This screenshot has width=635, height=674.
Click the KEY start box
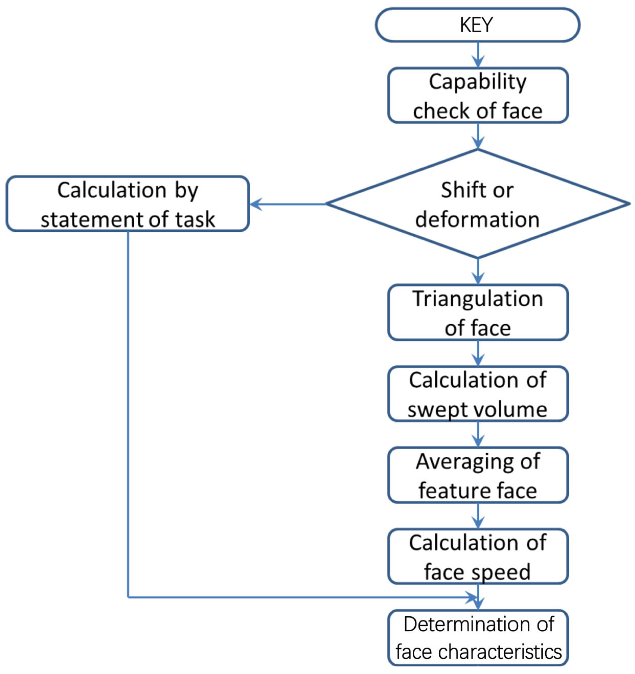pyautogui.click(x=477, y=25)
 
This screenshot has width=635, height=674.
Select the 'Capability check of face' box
pyautogui.click(x=477, y=95)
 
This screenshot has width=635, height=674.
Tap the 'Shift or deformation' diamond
pyautogui.click(x=477, y=204)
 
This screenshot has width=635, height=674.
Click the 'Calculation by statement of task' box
pyautogui.click(x=128, y=204)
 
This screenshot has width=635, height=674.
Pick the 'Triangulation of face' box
pyautogui.click(x=477, y=313)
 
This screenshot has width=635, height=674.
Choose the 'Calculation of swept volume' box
pyautogui.click(x=477, y=394)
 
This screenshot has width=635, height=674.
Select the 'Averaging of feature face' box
pyautogui.click(x=477, y=475)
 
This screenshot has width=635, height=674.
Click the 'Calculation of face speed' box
pyautogui.click(x=477, y=557)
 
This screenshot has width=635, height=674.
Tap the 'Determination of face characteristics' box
pyautogui.click(x=477, y=638)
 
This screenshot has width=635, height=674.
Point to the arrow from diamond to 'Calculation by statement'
pyautogui.click(x=288, y=204)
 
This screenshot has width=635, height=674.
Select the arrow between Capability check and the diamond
pyautogui.click(x=478, y=136)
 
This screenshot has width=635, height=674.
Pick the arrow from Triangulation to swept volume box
pyautogui.click(x=478, y=353)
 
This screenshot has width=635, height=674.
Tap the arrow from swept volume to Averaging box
pyautogui.click(x=478, y=435)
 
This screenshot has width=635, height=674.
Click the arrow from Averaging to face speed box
pyautogui.click(x=478, y=516)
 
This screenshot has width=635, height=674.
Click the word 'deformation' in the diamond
pyautogui.click(x=477, y=220)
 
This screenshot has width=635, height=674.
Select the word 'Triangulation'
pyautogui.click(x=477, y=299)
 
